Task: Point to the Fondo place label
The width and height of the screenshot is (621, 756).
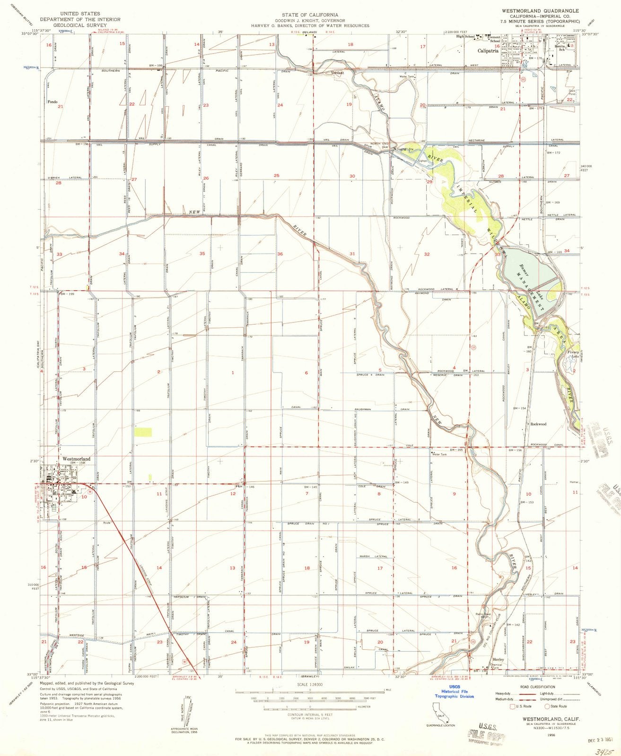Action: coord(52,102)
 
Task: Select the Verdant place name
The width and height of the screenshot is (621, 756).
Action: coord(337,73)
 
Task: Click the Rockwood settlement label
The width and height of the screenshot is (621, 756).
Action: coord(538,424)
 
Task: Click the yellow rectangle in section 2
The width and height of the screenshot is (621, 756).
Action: coord(143,431)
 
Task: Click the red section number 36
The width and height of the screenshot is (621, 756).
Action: coord(280,254)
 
